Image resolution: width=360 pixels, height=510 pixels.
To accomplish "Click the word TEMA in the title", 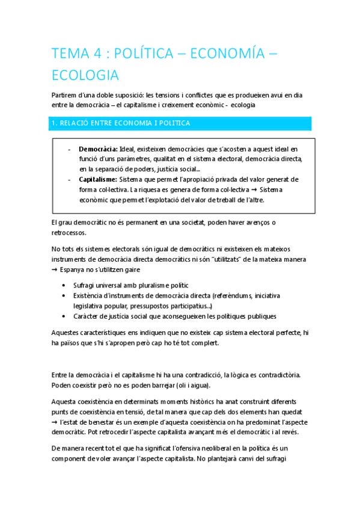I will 67,54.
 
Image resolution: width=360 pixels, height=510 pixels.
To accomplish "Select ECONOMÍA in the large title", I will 225,54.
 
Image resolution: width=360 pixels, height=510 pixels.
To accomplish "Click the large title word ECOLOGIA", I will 85,76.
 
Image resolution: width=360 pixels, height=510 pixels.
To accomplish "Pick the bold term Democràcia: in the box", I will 98,149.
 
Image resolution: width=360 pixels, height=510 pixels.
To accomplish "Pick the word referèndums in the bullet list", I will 236,295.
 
